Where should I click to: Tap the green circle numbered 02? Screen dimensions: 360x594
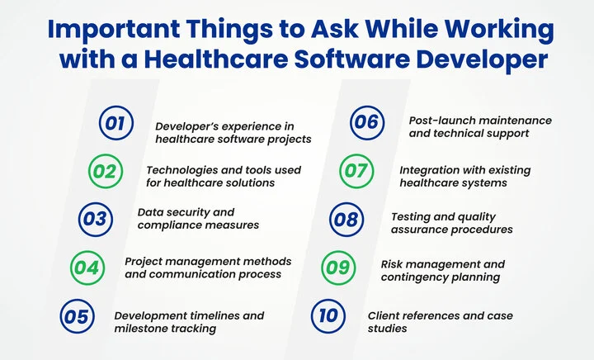(x=106, y=172)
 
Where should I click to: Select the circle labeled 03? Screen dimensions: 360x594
(x=95, y=219)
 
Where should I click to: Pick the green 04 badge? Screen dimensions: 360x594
(x=85, y=267)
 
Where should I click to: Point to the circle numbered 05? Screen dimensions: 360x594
(x=75, y=315)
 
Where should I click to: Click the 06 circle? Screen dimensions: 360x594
(x=364, y=124)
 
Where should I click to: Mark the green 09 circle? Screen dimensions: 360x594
(x=335, y=267)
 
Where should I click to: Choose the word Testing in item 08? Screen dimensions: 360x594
(x=410, y=216)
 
